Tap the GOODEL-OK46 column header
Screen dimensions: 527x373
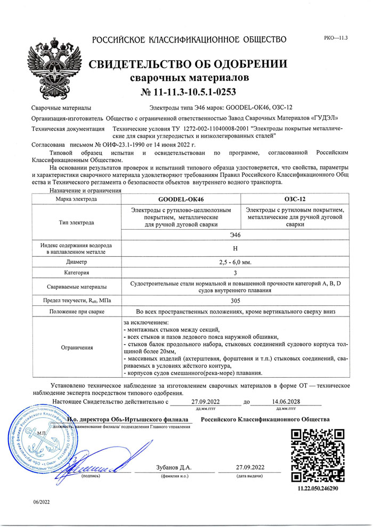181,199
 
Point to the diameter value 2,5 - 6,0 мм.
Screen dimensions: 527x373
235,262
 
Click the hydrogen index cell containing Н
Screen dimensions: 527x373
235,248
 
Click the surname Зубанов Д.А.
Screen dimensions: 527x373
175,468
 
